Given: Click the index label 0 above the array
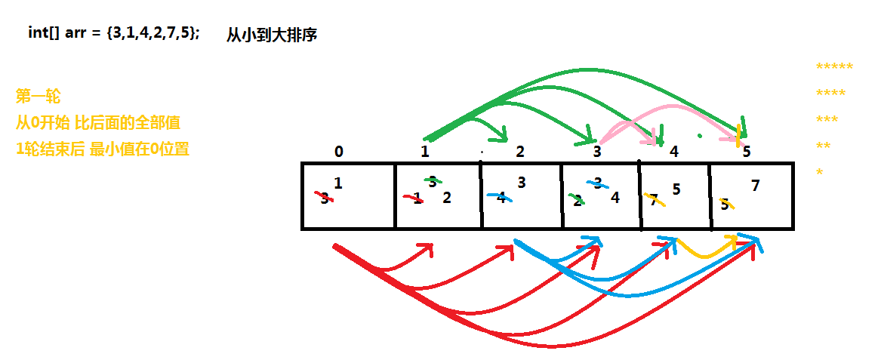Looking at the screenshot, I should [338, 152].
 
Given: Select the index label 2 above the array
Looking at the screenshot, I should [519, 152].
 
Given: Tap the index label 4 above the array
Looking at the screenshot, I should [674, 152].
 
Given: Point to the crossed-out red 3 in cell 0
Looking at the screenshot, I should [324, 198].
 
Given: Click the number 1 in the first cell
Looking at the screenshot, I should [337, 183].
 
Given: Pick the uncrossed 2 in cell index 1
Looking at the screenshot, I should [447, 198].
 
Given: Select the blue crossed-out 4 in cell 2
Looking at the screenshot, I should [501, 198].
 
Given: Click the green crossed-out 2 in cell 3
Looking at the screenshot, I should [578, 200].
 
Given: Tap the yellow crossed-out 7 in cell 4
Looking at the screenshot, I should [654, 200].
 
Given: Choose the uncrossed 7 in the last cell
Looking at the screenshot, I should [756, 185].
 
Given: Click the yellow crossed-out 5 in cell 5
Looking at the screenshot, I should [725, 204].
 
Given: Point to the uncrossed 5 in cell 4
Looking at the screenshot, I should [676, 189].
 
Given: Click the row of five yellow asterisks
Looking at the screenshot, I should [834, 67].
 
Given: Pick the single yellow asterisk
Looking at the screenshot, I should [819, 173].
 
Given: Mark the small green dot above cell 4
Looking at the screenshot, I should [700, 137].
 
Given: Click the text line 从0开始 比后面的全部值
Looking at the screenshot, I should [98, 122].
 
